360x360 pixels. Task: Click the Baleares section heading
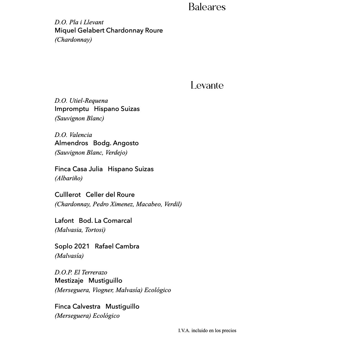tap(207, 7)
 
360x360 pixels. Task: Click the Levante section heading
tap(207, 86)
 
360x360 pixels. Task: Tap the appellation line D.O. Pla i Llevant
tap(79, 22)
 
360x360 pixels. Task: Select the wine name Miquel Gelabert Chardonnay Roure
tap(108, 30)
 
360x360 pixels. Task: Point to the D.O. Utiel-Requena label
tap(81, 101)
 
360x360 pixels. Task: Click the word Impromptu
tap(72, 109)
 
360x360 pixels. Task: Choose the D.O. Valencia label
tap(73, 135)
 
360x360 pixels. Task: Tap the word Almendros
tap(71, 143)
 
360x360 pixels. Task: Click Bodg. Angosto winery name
tap(116, 143)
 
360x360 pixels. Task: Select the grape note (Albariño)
tap(68, 178)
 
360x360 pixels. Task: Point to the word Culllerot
tap(68, 195)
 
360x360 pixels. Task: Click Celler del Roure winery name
tap(110, 195)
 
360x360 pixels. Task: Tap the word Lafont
tap(64, 221)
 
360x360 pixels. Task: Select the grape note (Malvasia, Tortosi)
tap(80, 230)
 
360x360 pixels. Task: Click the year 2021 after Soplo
tap(82, 247)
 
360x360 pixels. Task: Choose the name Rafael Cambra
tap(117, 247)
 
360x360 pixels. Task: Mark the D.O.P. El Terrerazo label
tap(81, 272)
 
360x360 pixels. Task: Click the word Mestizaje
tap(69, 281)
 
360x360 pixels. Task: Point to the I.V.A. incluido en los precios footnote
tap(207, 331)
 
